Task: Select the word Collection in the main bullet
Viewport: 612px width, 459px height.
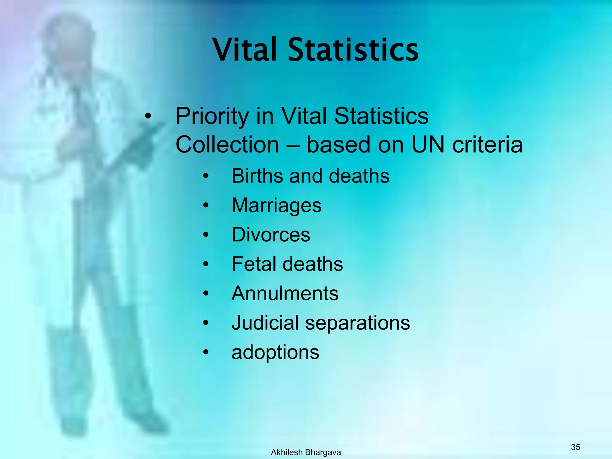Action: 227,145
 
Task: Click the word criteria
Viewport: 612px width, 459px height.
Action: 487,145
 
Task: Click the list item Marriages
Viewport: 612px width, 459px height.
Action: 276,205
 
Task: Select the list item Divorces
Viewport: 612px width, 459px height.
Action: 271,235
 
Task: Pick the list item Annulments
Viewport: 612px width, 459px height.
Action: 285,293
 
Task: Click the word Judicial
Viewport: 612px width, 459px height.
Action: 265,323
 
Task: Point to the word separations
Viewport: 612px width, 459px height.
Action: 357,323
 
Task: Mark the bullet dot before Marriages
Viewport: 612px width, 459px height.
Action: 206,206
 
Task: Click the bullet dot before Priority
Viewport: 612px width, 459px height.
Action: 148,117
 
